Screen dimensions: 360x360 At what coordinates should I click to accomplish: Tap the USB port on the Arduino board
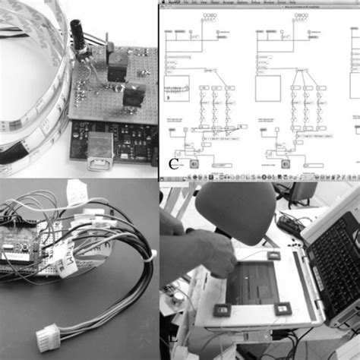99,150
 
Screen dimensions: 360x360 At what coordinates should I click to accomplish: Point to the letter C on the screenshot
174,162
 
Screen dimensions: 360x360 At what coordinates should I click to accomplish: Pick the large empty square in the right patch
267,88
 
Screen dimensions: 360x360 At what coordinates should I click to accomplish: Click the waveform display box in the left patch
176,88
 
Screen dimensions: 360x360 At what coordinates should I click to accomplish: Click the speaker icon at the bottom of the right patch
286,162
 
